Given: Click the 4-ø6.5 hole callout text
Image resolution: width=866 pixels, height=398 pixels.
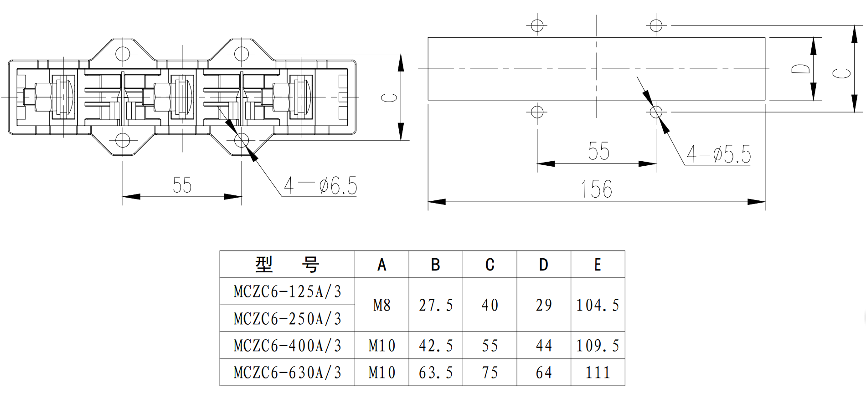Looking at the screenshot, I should (320, 186).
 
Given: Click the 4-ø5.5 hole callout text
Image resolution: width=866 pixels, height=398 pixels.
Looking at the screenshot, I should (719, 154).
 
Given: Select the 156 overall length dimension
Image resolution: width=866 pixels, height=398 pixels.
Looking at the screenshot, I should (596, 189).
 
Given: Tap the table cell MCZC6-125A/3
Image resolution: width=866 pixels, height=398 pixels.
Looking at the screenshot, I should (287, 291).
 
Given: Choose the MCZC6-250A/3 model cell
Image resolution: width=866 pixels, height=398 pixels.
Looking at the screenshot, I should (287, 319).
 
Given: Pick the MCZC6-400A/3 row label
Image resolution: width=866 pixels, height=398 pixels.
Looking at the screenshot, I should (287, 346).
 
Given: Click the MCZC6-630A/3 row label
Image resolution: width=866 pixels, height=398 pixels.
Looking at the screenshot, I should (287, 372).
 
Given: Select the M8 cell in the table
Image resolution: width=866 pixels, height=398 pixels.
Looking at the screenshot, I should (382, 305).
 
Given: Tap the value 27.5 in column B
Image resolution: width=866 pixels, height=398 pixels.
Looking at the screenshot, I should (436, 305).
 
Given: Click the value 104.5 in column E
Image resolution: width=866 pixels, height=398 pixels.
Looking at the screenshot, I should (598, 305).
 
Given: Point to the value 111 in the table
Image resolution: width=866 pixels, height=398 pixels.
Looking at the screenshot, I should (598, 372).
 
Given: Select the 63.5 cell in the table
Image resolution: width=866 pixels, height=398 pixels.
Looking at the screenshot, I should (436, 372).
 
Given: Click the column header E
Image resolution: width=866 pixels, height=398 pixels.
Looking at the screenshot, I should (598, 265).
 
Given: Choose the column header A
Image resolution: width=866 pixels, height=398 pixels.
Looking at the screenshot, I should (382, 265).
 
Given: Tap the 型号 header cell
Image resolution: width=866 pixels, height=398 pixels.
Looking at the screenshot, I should (287, 265).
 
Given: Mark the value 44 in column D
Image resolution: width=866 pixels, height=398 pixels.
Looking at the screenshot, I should (544, 346).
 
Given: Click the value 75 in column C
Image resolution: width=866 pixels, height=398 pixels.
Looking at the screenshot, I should (490, 372).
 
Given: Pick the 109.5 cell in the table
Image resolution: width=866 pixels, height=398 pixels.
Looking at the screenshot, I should (598, 346).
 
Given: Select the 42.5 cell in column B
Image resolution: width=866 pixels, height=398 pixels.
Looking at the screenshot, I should (436, 346).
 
